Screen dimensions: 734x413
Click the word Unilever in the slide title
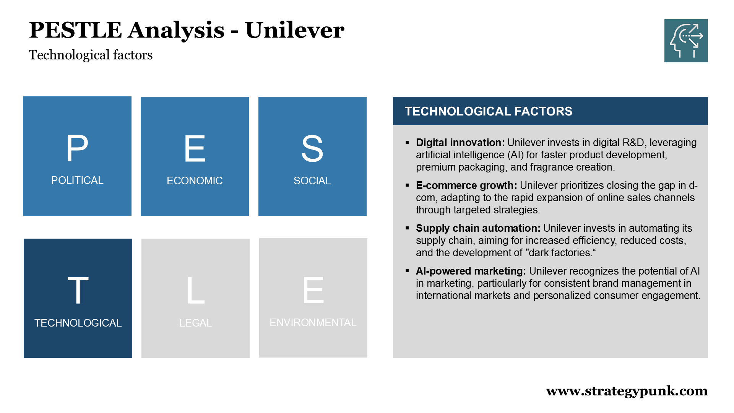(x=294, y=30)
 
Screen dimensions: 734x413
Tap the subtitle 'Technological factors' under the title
(x=91, y=55)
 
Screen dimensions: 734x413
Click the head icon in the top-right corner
(x=686, y=41)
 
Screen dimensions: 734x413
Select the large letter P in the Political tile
(x=77, y=148)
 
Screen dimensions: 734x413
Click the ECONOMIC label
(x=195, y=180)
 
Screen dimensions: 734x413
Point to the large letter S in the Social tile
(x=312, y=149)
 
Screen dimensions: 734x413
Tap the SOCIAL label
(x=312, y=180)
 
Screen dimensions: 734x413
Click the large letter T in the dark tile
(x=78, y=291)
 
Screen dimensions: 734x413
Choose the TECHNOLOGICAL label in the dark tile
(x=78, y=323)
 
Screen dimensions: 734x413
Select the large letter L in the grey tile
(x=196, y=291)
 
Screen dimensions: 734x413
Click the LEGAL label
(x=196, y=323)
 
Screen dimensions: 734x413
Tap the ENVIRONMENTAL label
(x=313, y=322)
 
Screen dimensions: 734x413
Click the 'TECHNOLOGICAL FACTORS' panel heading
(x=489, y=111)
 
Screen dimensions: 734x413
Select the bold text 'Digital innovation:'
(x=460, y=143)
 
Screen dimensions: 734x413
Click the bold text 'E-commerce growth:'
(x=466, y=185)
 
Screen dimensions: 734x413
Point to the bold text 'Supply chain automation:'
(x=478, y=228)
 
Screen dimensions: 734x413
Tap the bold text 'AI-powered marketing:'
(x=471, y=271)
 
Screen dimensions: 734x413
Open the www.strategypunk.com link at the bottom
(x=627, y=391)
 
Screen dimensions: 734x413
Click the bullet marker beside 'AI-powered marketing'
(x=407, y=271)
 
